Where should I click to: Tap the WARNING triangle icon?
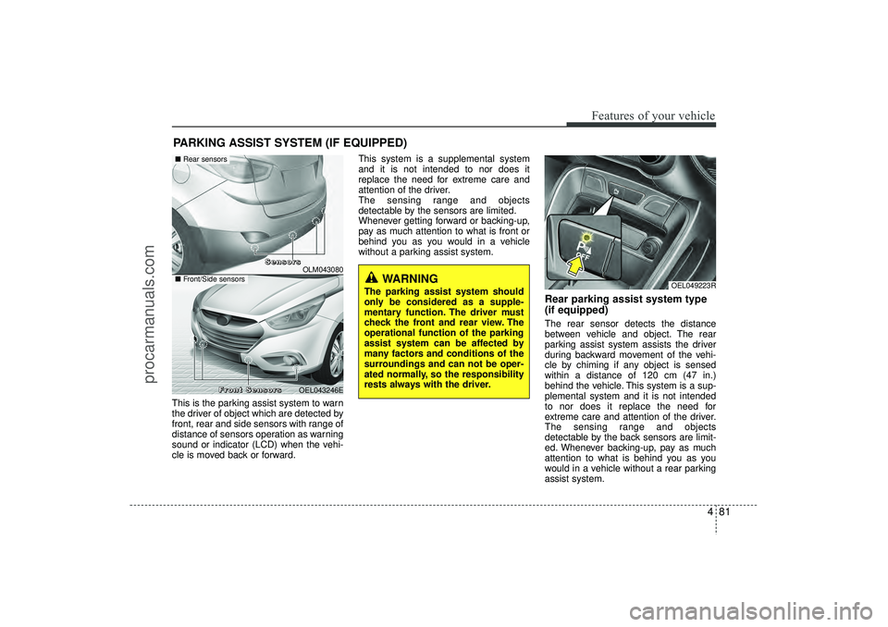(x=373, y=277)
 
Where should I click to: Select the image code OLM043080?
(x=322, y=269)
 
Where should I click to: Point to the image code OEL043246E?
(x=320, y=389)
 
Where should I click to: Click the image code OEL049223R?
(x=693, y=286)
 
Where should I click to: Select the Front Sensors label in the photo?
(x=250, y=389)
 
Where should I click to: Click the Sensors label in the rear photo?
(x=283, y=262)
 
